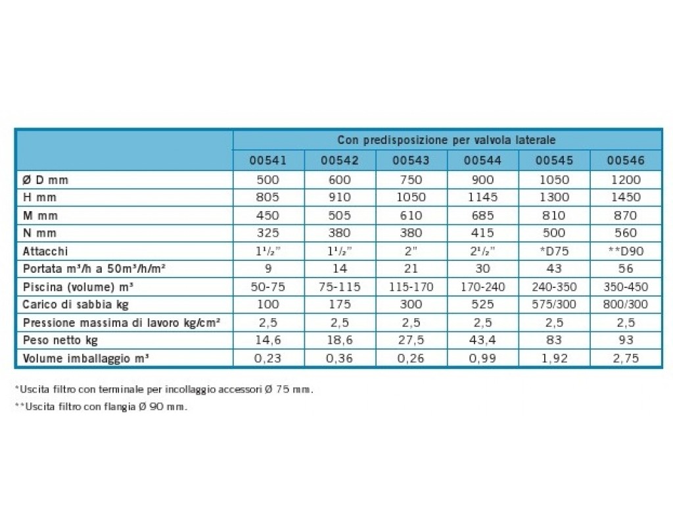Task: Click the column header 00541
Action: click(268, 160)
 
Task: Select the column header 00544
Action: click(482, 160)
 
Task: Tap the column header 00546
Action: click(626, 160)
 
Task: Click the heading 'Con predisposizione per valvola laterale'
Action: click(446, 140)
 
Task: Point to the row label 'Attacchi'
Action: click(45, 251)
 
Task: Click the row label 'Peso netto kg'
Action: click(60, 341)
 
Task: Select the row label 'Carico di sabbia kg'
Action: click(76, 305)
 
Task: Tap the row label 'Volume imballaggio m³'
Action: click(86, 358)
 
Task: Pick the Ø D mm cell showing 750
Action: click(411, 180)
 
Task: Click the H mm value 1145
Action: click(482, 197)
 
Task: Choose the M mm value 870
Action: click(626, 216)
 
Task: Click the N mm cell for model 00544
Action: click(482, 233)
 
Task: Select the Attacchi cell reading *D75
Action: click(554, 251)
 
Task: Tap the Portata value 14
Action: click(340, 269)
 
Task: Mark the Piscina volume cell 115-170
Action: click(411, 287)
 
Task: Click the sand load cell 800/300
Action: click(626, 304)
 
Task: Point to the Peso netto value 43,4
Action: click(482, 340)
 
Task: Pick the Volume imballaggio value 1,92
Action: click(554, 358)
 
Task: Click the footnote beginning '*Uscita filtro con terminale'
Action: click(164, 390)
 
